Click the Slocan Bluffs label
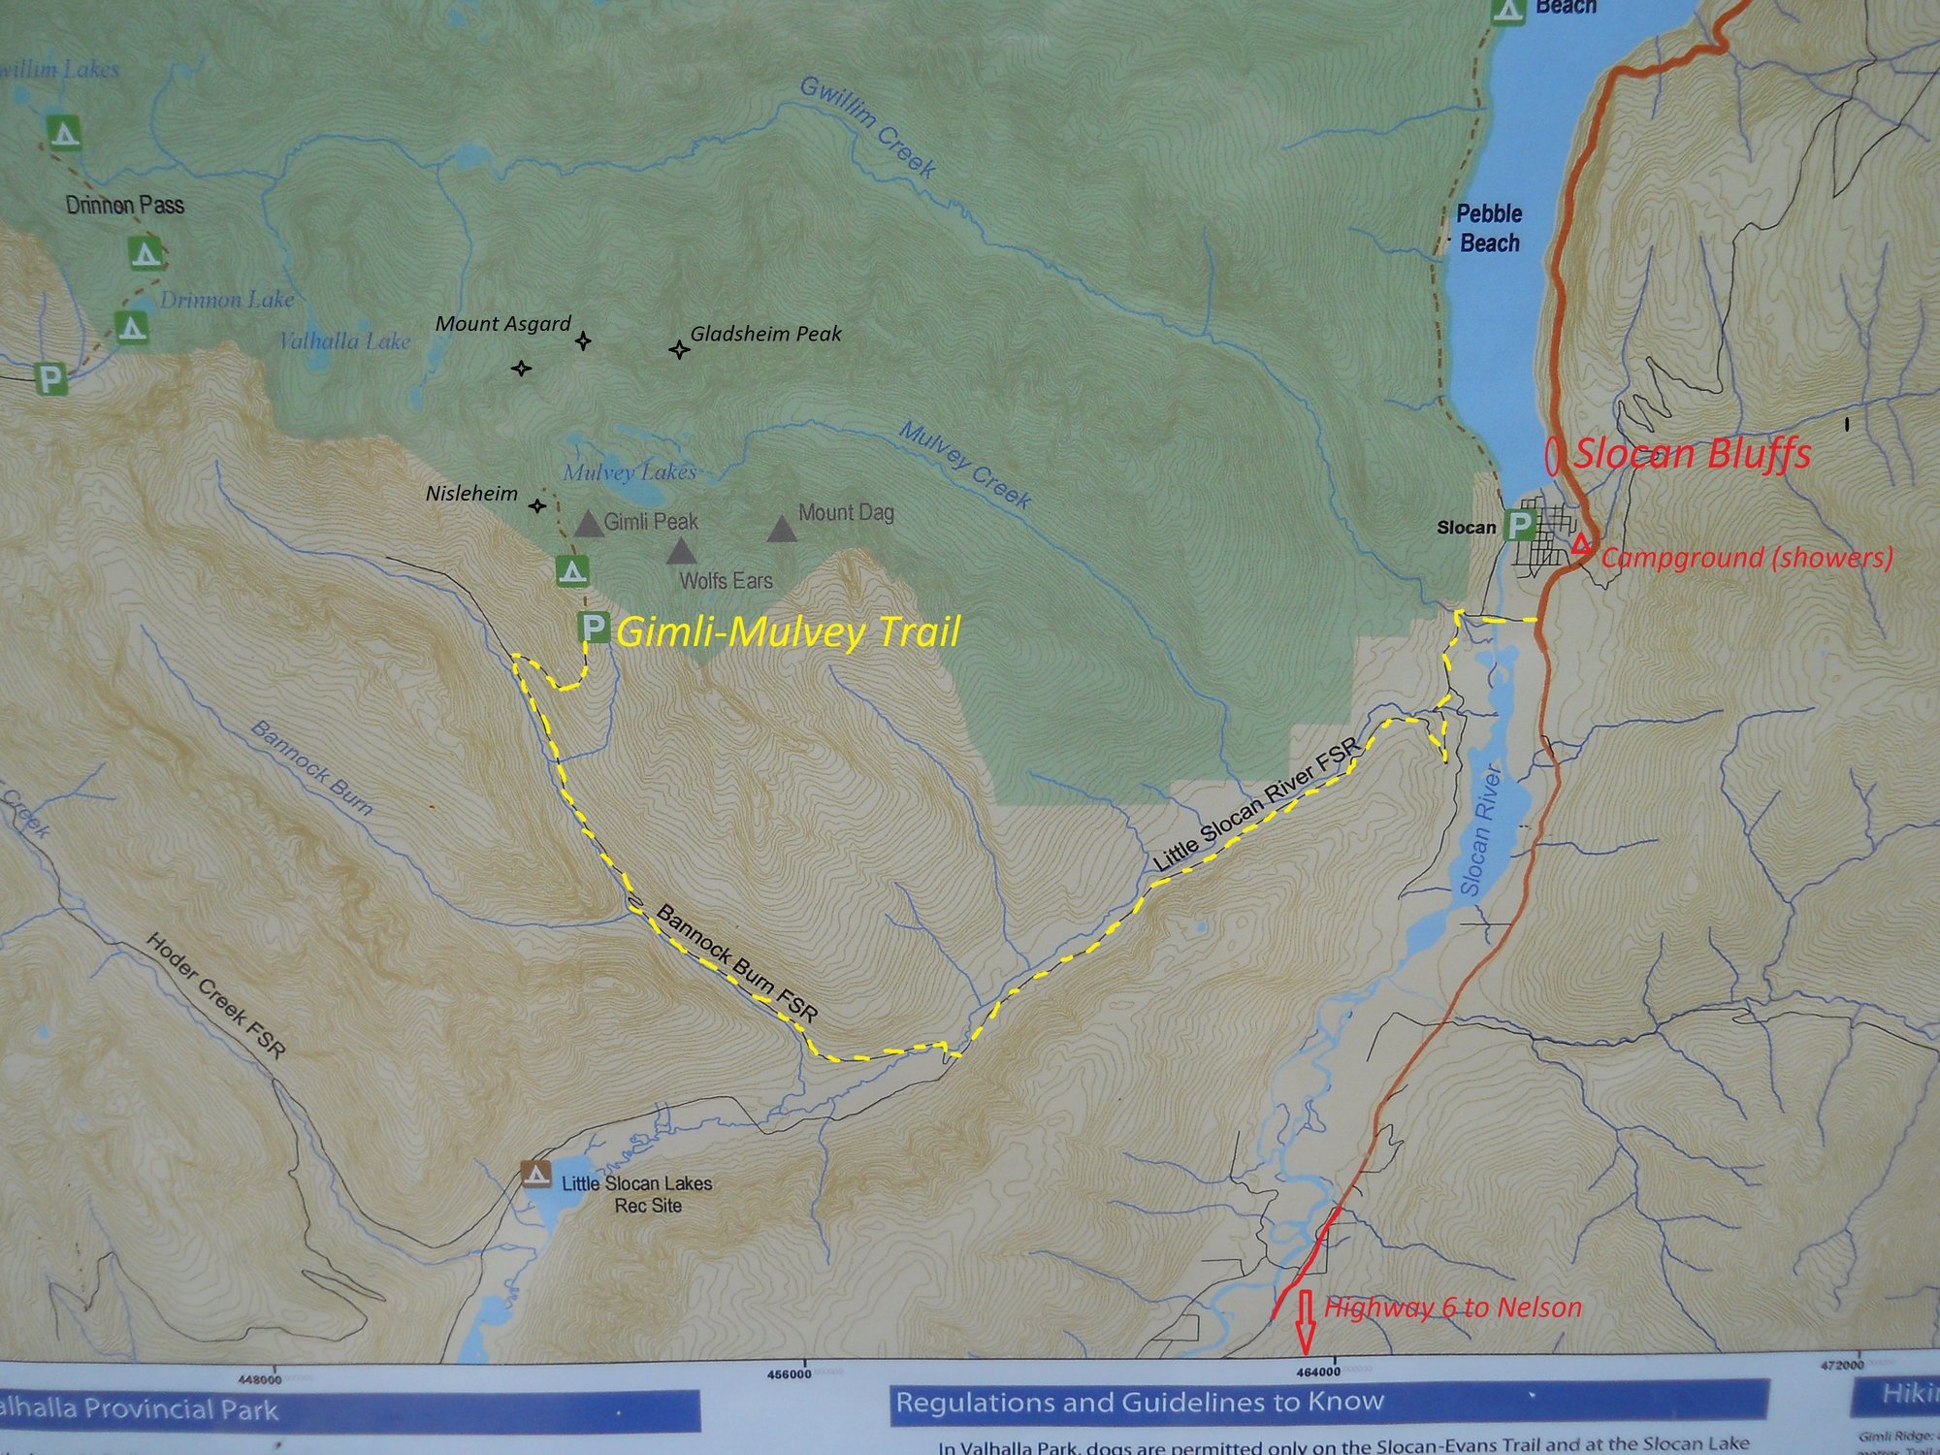(x=1692, y=455)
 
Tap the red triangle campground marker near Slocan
(x=1581, y=544)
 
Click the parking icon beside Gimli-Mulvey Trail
(x=594, y=628)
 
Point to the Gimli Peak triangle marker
(x=588, y=525)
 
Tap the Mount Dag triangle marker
(x=782, y=530)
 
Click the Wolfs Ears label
(x=726, y=581)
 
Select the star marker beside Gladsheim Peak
(x=679, y=349)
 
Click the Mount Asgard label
(x=502, y=324)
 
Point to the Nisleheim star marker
(x=537, y=505)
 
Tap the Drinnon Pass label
(x=125, y=206)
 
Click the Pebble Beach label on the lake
(x=1489, y=228)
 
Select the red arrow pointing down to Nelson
(x=1305, y=1321)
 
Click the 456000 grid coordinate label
(x=788, y=1374)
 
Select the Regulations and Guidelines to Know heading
(x=1139, y=1403)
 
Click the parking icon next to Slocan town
(x=1518, y=527)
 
